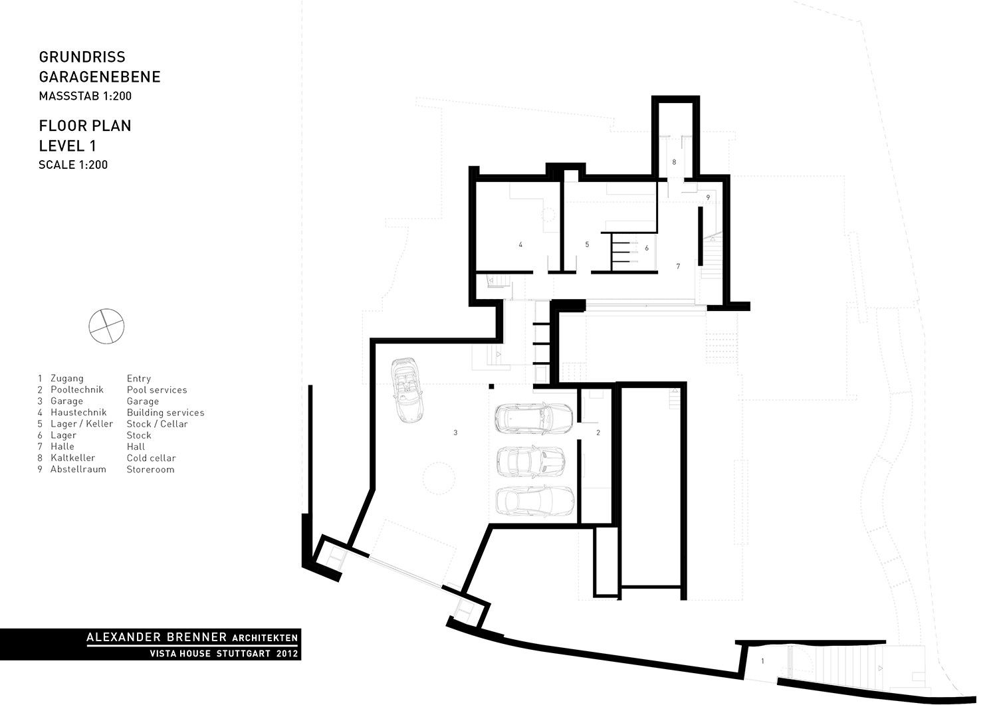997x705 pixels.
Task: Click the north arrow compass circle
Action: [x=106, y=309]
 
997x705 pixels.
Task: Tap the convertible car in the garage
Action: [x=407, y=390]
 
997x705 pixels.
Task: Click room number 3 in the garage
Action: [x=455, y=433]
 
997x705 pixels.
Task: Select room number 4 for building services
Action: [x=520, y=245]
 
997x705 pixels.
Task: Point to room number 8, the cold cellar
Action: [x=674, y=162]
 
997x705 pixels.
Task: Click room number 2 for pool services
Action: [x=598, y=433]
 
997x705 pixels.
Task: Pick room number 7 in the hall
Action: [x=678, y=266]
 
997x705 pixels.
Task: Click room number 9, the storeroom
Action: [x=708, y=197]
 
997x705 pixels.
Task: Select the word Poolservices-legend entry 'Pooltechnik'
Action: [x=77, y=390]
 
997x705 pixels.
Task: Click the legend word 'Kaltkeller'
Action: [x=73, y=458]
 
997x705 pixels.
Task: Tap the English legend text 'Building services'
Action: [x=166, y=413]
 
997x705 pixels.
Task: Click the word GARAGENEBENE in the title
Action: [x=100, y=77]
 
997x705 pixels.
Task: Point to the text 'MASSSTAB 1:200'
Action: [x=85, y=96]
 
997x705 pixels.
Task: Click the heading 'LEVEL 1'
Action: [x=67, y=146]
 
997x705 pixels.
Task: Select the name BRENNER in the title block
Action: [x=197, y=637]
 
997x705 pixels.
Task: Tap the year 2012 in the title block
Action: [x=286, y=654]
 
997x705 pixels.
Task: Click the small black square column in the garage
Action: [x=491, y=386]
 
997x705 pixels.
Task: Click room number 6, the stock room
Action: [x=647, y=249]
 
